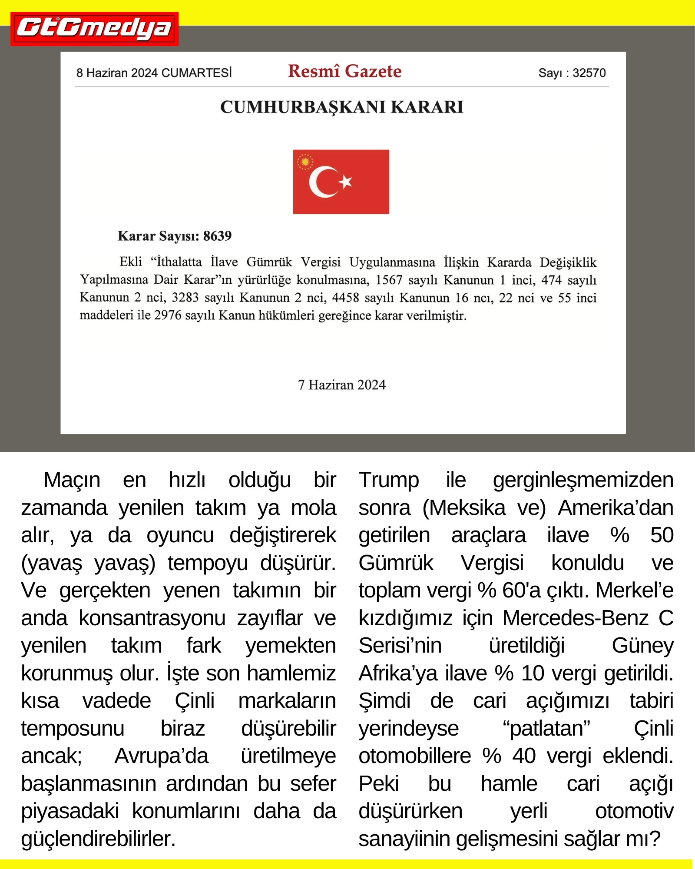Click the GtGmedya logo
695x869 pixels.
tap(94, 29)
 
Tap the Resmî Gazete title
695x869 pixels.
tap(344, 71)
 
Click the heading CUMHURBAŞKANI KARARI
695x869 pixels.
tap(341, 107)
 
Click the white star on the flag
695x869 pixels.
tap(346, 181)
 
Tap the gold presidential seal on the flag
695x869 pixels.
tap(305, 162)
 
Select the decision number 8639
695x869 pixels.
tap(217, 236)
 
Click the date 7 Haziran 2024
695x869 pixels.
tap(341, 385)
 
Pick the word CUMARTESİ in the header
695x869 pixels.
tap(196, 73)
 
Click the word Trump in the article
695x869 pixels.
tap(388, 481)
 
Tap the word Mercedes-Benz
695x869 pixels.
tap(575, 618)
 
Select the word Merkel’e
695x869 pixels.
tap(634, 590)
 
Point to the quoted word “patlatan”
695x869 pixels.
tap(546, 729)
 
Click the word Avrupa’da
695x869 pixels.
tap(161, 756)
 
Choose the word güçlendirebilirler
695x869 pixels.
tap(98, 839)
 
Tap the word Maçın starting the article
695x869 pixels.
tap(72, 481)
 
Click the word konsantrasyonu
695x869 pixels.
tap(152, 618)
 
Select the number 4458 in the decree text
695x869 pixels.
tap(345, 298)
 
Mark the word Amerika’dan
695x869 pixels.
tap(616, 508)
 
